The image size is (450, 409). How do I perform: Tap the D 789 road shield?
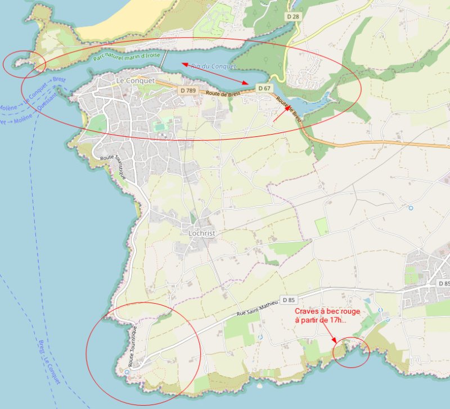coord(188,90)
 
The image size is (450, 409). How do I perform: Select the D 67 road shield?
coord(264,88)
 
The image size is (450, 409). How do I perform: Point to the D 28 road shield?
coord(292,17)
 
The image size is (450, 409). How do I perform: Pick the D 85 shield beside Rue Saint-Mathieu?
coord(289,300)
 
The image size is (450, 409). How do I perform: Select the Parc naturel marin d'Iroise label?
coord(128,56)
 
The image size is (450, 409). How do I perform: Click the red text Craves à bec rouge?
coord(327,311)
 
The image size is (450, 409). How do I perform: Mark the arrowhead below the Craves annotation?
coord(335,340)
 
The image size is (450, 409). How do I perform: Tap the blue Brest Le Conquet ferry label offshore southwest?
coord(50,362)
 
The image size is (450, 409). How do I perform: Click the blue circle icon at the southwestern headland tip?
coord(127,372)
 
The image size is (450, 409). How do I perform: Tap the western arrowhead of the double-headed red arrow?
coord(183,64)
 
